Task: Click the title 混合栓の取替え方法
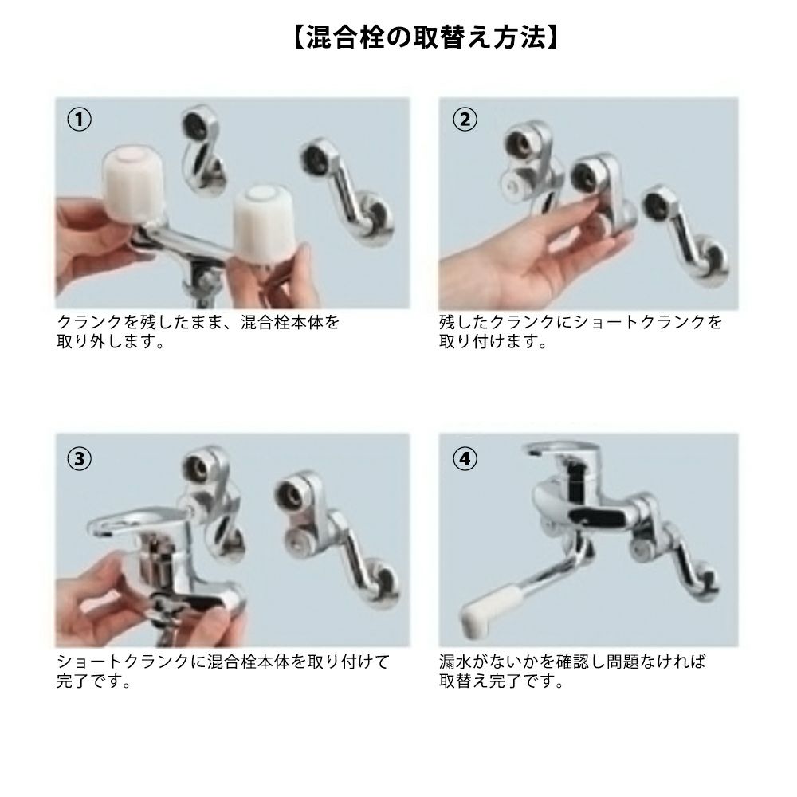click(426, 37)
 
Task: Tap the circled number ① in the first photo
click(79, 120)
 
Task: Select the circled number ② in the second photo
click(465, 120)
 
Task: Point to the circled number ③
click(79, 458)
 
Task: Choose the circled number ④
click(465, 458)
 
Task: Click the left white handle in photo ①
click(132, 185)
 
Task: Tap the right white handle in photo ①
click(257, 222)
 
